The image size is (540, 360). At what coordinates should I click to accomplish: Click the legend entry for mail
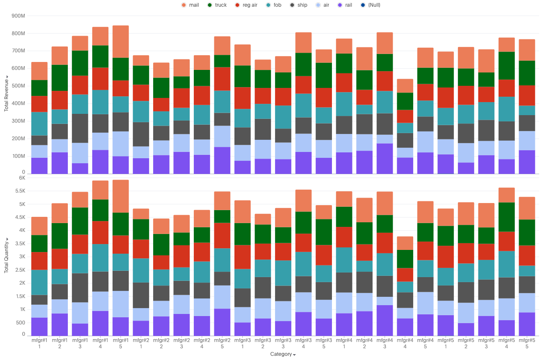pyautogui.click(x=190, y=5)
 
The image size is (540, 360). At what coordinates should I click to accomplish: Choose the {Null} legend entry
pyautogui.click(x=368, y=5)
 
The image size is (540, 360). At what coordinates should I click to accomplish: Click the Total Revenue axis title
pyautogui.click(x=6, y=93)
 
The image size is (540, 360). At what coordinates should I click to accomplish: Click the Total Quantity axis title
pyautogui.click(x=6, y=255)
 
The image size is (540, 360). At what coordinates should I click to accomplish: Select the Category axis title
pyautogui.click(x=283, y=354)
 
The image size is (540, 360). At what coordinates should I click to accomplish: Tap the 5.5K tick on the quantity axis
pyautogui.click(x=19, y=191)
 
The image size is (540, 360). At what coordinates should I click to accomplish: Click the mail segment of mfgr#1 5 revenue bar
pyautogui.click(x=121, y=41)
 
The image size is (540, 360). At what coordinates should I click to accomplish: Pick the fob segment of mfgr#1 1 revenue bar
pyautogui.click(x=39, y=123)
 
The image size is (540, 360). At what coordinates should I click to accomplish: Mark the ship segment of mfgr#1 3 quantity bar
pyautogui.click(x=80, y=288)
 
